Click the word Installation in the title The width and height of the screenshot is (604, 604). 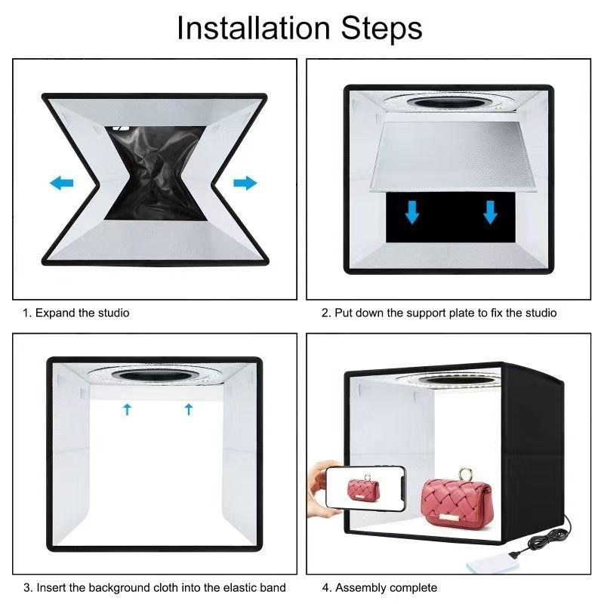pyautogui.click(x=253, y=28)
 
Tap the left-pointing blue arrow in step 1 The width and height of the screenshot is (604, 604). pyautogui.click(x=62, y=183)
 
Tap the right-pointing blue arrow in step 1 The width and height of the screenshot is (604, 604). pyautogui.click(x=245, y=183)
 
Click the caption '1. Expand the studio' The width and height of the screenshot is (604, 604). pyautogui.click(x=75, y=313)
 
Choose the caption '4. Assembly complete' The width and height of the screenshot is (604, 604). pyautogui.click(x=380, y=587)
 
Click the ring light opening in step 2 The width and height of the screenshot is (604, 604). pyautogui.click(x=448, y=102)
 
